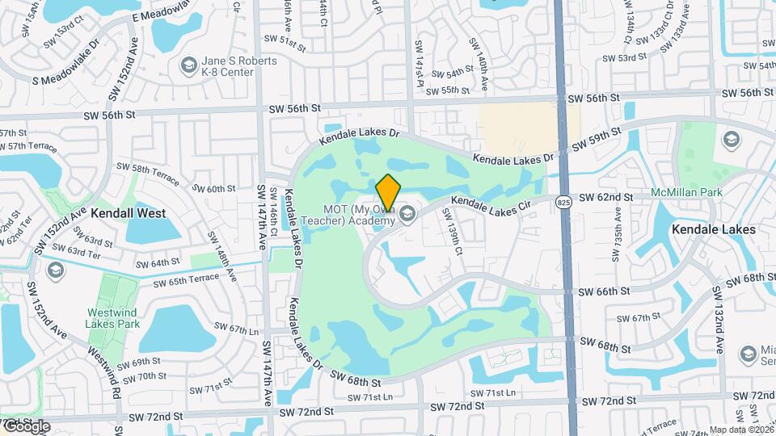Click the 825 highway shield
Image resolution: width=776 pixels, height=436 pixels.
564,202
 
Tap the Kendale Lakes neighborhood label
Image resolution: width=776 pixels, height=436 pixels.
714,229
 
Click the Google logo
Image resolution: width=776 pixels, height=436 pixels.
26,426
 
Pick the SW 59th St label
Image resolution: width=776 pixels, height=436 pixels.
597,138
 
